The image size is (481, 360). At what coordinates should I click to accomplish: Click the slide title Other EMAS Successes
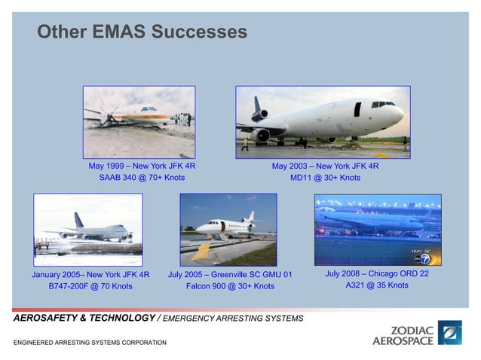point(142,32)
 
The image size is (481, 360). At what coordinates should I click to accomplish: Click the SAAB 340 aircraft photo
point(139,121)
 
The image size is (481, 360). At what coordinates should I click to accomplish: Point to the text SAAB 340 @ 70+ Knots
point(142,178)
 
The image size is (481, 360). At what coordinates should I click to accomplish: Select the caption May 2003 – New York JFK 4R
point(326,166)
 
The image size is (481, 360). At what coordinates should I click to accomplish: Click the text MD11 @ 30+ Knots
point(326,178)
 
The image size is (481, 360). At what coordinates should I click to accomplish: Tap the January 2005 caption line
point(90,274)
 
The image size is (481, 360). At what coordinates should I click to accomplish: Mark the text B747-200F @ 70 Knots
point(90,286)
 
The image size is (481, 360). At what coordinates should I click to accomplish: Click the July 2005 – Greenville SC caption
point(230,274)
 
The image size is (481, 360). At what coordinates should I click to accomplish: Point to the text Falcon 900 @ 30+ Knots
point(230,286)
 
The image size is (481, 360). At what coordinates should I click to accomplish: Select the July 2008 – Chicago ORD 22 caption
point(377,273)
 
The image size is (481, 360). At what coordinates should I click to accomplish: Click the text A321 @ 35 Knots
point(377,285)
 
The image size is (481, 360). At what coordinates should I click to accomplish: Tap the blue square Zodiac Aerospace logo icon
point(450,332)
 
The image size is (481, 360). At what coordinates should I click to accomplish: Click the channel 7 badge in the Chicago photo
point(426,258)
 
